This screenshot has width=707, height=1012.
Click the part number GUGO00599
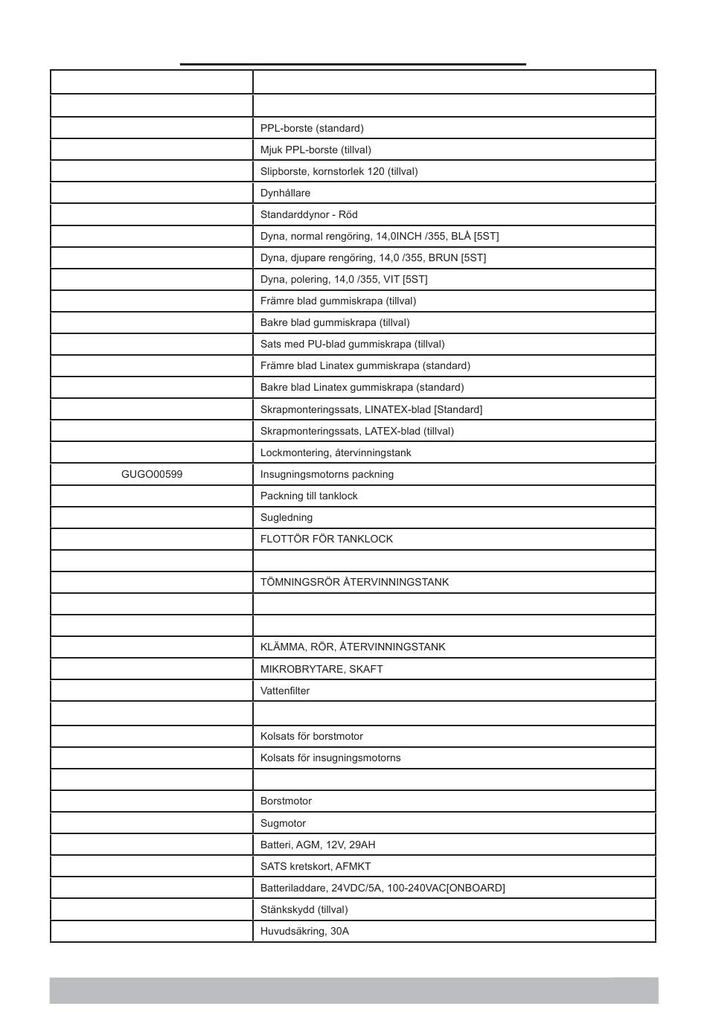click(152, 474)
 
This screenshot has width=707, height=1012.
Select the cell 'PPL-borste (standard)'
click(312, 128)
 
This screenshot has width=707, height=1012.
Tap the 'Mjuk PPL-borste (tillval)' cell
click(316, 150)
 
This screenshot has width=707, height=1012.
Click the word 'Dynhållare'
click(285, 193)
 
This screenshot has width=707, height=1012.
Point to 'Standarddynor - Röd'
click(309, 214)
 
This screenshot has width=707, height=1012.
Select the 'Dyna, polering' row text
click(344, 279)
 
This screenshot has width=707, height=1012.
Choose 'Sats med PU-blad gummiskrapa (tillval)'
click(352, 344)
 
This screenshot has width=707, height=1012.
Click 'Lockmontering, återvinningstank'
click(336, 452)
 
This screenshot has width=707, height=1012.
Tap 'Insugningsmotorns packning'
click(327, 474)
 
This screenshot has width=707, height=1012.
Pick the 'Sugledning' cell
click(287, 517)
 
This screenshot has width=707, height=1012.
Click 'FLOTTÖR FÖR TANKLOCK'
click(327, 539)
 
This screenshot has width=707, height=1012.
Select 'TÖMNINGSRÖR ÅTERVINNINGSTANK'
click(354, 582)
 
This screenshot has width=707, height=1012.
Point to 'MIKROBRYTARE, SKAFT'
click(321, 669)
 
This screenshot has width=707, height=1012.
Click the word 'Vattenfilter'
click(285, 691)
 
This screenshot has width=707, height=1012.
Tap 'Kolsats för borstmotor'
click(312, 736)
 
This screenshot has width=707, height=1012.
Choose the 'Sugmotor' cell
click(283, 823)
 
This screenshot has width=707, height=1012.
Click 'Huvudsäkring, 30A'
click(304, 931)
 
